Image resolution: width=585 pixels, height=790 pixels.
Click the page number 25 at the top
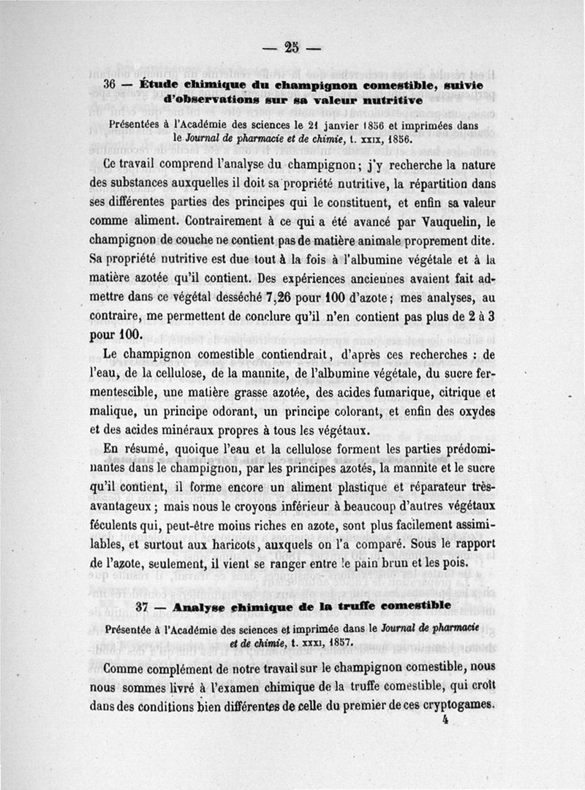point(292,49)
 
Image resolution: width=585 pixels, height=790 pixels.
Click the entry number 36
point(111,84)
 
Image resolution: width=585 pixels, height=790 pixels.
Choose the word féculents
point(119,527)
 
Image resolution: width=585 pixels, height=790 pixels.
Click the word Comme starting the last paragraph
point(126,668)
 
